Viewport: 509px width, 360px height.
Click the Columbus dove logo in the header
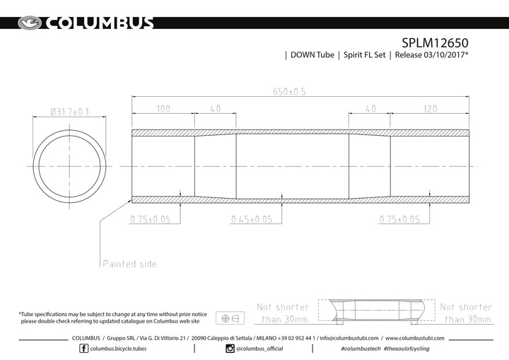click(x=30, y=23)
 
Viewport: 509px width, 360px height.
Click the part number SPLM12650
click(x=435, y=43)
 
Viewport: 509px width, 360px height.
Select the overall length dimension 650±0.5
click(x=289, y=92)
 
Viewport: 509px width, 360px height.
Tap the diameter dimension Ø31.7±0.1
click(x=69, y=112)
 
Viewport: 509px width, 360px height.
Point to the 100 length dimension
click(x=163, y=109)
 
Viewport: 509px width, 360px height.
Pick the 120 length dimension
click(x=430, y=109)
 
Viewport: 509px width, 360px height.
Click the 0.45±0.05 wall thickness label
click(x=252, y=219)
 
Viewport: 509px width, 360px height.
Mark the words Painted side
click(x=129, y=264)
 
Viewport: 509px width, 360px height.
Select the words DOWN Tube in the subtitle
click(x=312, y=55)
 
